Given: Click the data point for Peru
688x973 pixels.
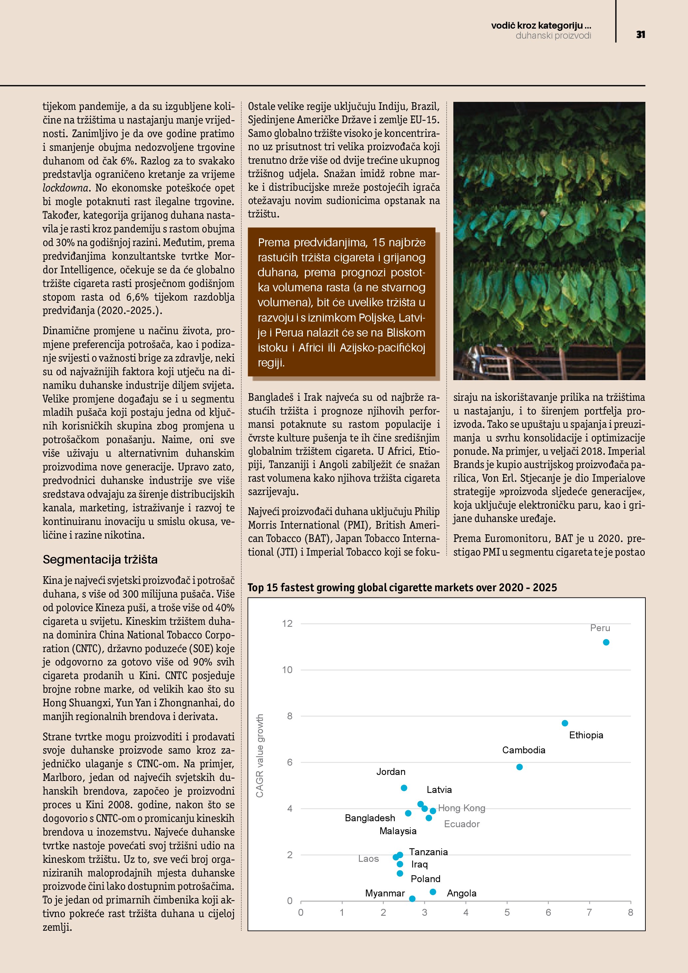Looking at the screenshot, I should (x=606, y=642).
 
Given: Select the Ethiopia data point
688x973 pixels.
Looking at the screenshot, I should (x=565, y=723).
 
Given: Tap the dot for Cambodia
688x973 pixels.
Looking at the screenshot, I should (x=519, y=767).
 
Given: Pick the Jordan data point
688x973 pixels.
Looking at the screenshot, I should (x=404, y=788).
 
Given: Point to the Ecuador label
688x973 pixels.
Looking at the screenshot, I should (x=461, y=824).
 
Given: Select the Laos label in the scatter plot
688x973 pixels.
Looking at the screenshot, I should (x=368, y=858).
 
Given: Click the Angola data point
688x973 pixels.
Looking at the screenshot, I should (x=433, y=892).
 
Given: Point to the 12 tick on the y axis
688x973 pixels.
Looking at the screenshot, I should (x=287, y=623).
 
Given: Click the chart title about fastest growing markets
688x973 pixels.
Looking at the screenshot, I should (x=402, y=587).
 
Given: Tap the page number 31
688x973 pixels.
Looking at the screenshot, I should (x=640, y=35).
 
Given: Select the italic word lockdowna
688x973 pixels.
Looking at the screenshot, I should (x=66, y=188).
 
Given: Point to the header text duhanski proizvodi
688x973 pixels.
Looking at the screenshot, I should (x=553, y=36).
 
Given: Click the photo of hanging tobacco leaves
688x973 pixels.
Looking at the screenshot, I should (x=549, y=240).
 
